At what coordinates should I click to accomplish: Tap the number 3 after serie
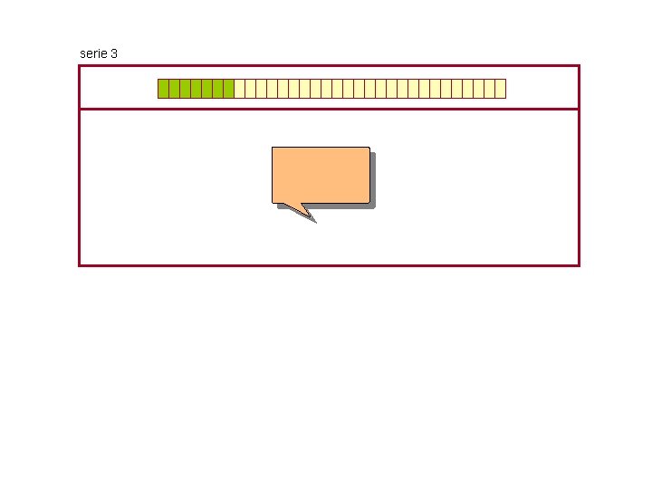click(113, 53)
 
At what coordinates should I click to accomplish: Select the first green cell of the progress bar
click(163, 88)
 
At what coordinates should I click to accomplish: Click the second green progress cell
click(174, 88)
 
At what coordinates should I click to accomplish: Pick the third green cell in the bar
click(185, 88)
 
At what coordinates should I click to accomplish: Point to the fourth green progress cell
click(196, 88)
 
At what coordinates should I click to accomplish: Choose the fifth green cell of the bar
click(206, 88)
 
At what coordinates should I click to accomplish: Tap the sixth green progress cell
click(217, 88)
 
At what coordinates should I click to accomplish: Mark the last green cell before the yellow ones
click(228, 88)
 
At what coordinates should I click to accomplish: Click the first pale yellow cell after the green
click(239, 88)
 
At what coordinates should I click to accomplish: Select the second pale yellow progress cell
click(250, 88)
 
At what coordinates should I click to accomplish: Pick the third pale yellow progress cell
click(261, 88)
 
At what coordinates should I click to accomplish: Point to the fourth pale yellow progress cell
click(272, 88)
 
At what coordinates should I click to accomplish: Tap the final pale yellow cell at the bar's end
click(500, 88)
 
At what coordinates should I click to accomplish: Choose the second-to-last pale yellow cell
click(489, 88)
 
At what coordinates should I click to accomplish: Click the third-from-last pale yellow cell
click(478, 88)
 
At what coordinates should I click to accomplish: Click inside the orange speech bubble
click(321, 174)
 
